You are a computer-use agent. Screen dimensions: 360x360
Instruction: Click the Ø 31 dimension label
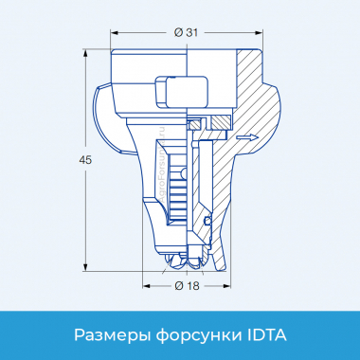(x=186, y=34)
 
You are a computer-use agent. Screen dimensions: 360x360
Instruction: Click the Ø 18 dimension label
(x=186, y=284)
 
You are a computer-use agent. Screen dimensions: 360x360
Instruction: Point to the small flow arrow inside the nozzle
(x=245, y=138)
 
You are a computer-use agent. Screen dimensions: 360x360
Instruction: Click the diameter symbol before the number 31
(x=177, y=34)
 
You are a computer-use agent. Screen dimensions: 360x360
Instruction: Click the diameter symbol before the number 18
(x=177, y=284)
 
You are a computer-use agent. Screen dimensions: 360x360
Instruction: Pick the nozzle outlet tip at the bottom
(x=186, y=258)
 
